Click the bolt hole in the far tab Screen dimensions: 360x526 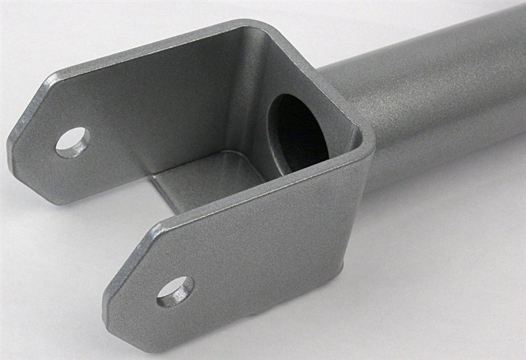pyautogui.click(x=73, y=141)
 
